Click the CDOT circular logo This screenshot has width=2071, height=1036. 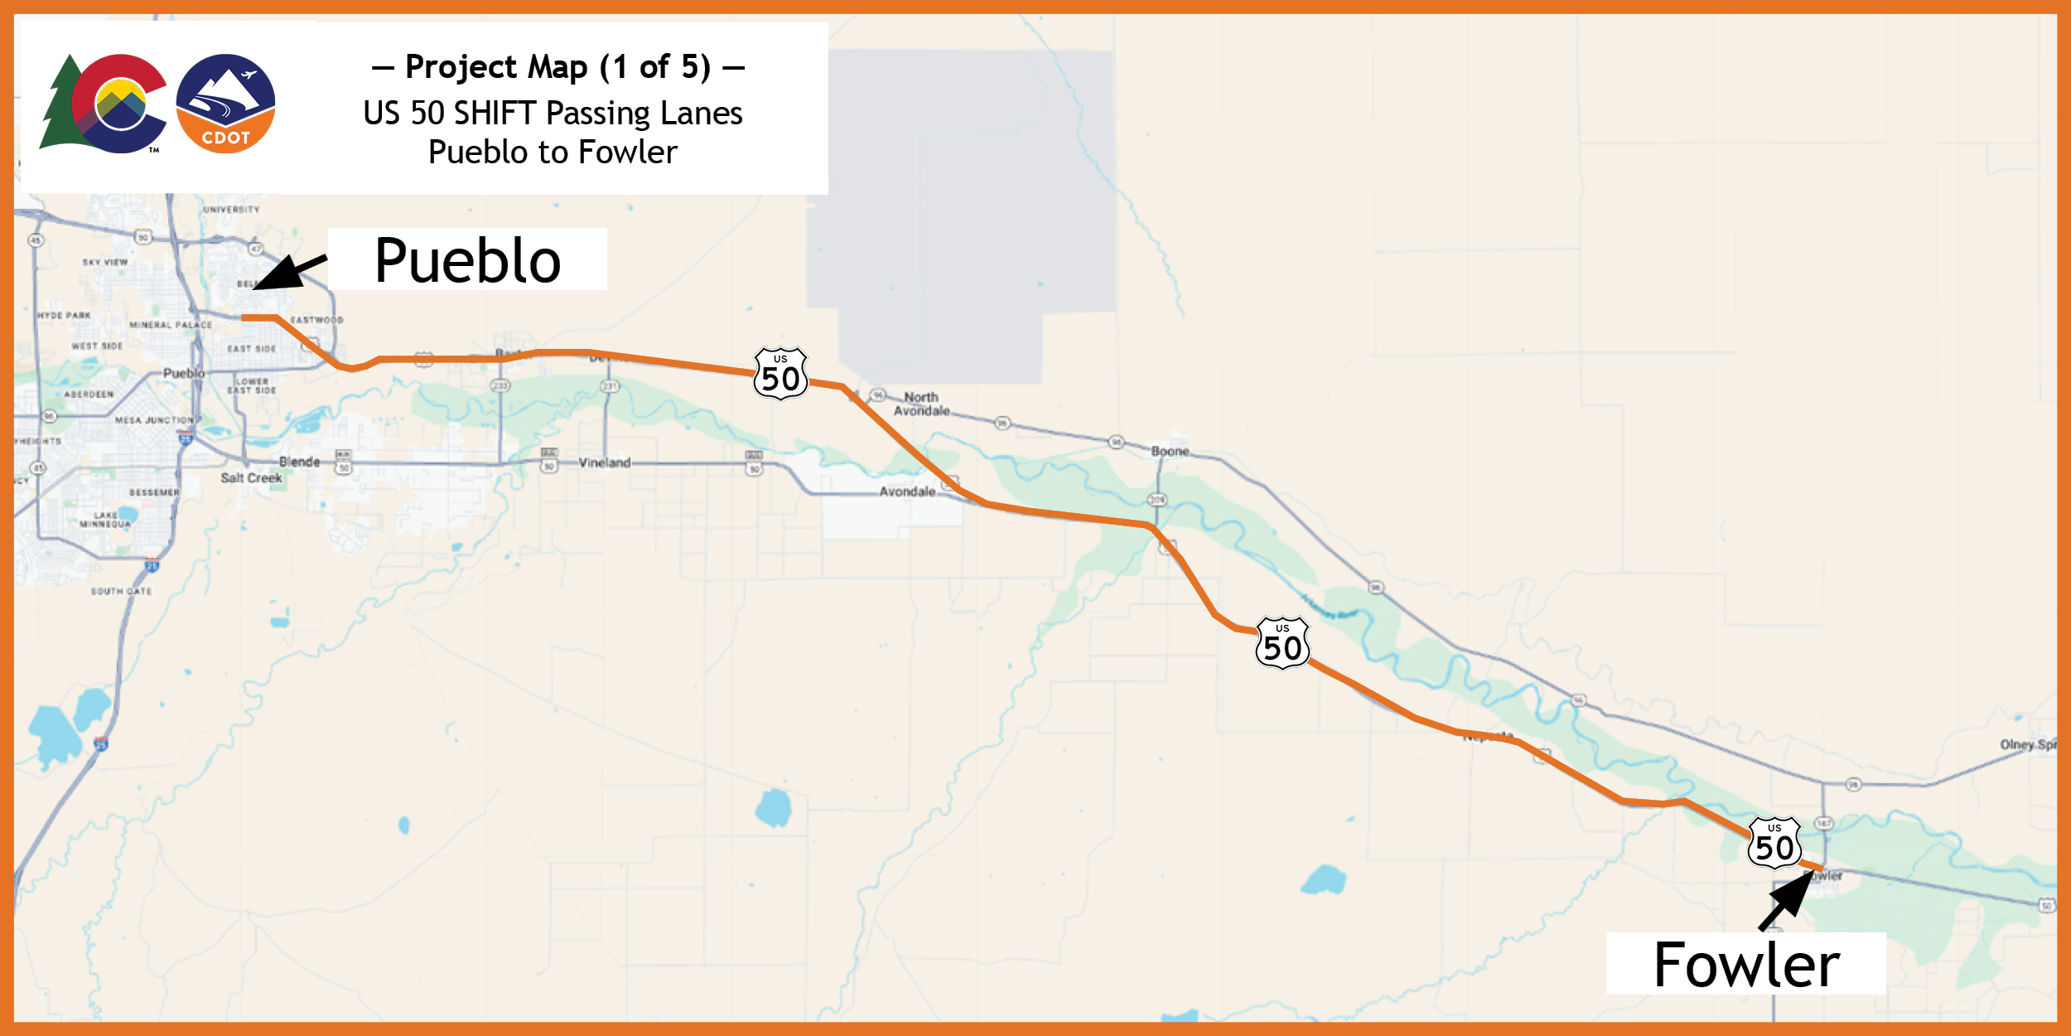click(225, 104)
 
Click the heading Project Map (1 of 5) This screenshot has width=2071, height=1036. click(558, 66)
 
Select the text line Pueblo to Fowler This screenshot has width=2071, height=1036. click(553, 152)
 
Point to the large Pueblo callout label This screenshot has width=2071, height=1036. click(467, 260)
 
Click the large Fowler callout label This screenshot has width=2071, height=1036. click(1745, 965)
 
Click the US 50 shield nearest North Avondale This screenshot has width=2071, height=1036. click(780, 374)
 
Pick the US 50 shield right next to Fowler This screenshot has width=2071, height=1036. click(1774, 843)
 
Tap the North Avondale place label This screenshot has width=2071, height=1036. click(921, 404)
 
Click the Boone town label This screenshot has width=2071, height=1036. click(1170, 451)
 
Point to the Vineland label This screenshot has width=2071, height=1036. click(605, 462)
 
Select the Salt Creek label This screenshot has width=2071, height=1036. click(251, 478)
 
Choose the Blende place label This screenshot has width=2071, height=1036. click(299, 462)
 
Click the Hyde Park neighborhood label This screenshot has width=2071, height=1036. click(64, 316)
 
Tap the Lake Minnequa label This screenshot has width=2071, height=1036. click(105, 520)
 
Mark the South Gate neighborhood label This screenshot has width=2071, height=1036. click(121, 592)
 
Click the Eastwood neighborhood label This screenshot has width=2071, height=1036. click(316, 320)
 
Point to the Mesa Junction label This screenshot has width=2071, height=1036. click(155, 420)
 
